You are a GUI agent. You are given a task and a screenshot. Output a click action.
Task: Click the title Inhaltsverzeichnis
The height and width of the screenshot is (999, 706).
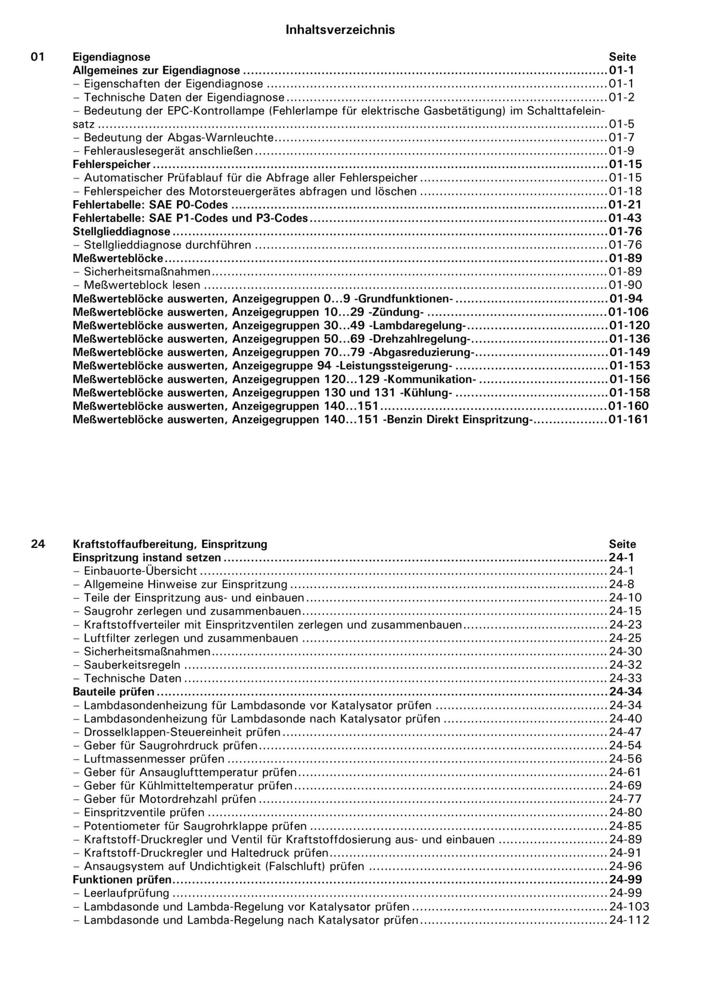pos(340,30)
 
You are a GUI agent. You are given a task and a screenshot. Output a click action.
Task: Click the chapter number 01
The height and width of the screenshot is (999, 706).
pos(37,57)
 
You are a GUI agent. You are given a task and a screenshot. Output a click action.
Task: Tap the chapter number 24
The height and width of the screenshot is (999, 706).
pos(37,544)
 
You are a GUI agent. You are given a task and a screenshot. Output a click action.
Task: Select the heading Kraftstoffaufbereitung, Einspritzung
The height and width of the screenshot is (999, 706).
pos(170,544)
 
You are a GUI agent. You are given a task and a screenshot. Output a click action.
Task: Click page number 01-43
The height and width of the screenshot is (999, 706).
pos(625,218)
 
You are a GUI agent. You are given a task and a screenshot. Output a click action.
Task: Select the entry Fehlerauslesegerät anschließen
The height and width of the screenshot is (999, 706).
pos(168,151)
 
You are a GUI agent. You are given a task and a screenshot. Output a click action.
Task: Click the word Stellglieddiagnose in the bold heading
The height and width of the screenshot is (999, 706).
pos(121,231)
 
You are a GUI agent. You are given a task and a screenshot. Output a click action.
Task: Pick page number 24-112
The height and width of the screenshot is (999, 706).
pos(629,920)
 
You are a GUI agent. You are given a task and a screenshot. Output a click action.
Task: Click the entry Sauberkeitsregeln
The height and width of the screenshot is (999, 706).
pos(132,665)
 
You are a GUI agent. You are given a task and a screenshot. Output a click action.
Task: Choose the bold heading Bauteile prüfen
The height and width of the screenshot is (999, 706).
pos(114,692)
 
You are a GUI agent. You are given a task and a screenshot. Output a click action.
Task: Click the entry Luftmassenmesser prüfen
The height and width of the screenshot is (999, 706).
pos(154,759)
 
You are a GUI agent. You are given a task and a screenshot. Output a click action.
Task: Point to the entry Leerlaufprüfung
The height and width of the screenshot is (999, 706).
pos(126,893)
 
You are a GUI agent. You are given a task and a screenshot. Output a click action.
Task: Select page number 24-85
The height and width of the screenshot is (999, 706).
pos(626,826)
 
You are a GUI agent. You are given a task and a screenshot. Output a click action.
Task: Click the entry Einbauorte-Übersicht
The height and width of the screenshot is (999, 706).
pos(140,571)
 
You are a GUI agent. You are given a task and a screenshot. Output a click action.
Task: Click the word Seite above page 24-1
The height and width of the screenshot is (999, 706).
pos(622,544)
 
